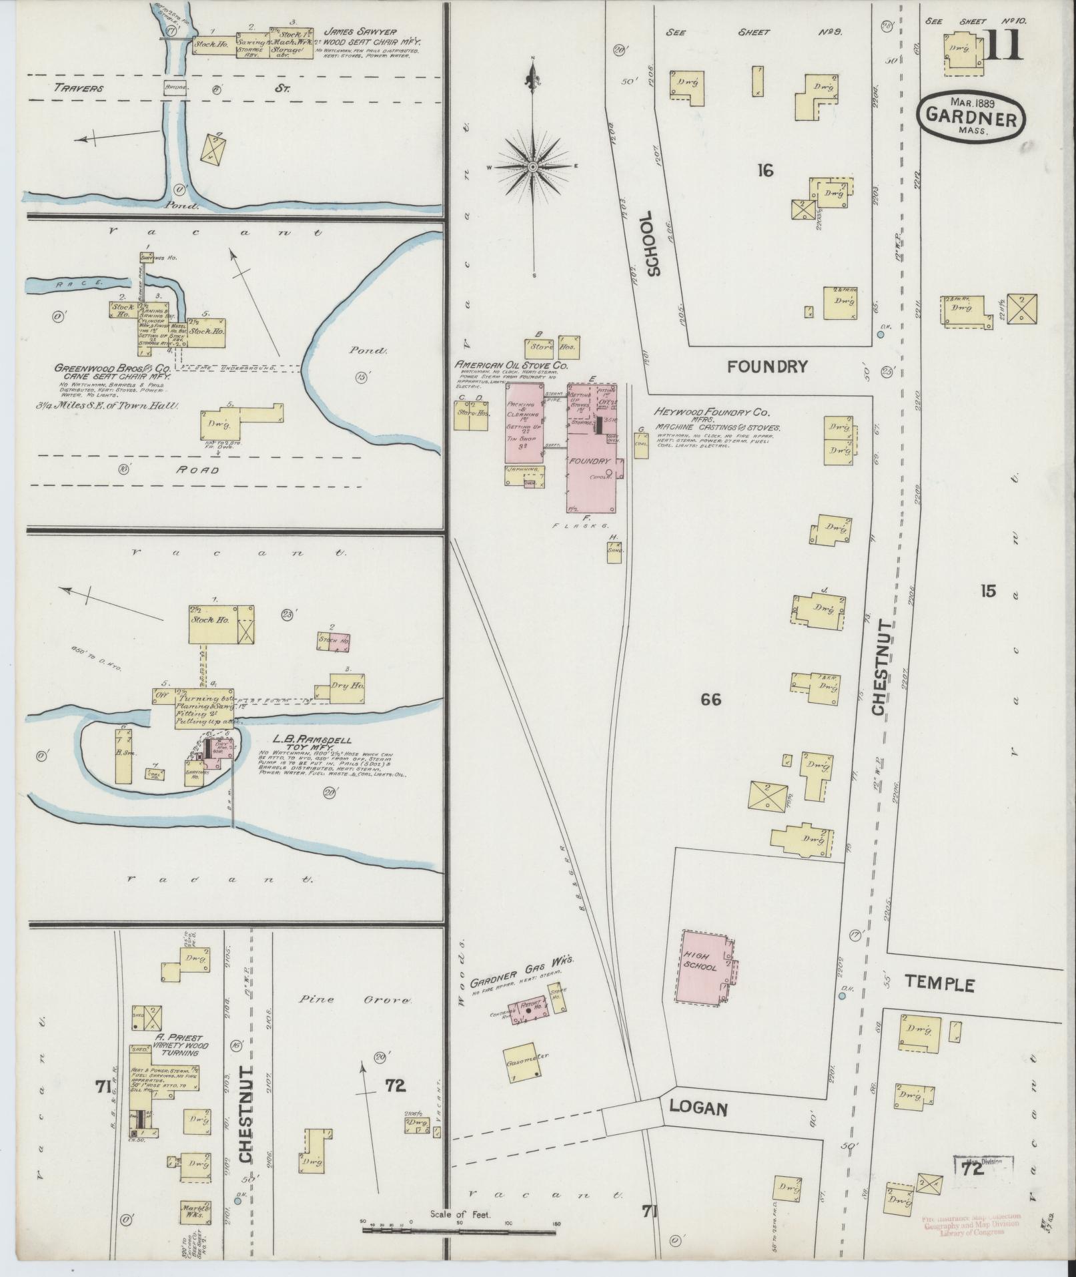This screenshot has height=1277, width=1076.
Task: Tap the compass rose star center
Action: pyautogui.click(x=534, y=166)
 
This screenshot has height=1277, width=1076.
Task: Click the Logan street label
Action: pyautogui.click(x=698, y=1107)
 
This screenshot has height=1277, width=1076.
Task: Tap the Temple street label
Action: pyautogui.click(x=940, y=984)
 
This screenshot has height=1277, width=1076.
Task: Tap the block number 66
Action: pyautogui.click(x=711, y=700)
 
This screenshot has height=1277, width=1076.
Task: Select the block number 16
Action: pyautogui.click(x=764, y=171)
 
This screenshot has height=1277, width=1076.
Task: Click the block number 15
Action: pyautogui.click(x=988, y=590)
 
